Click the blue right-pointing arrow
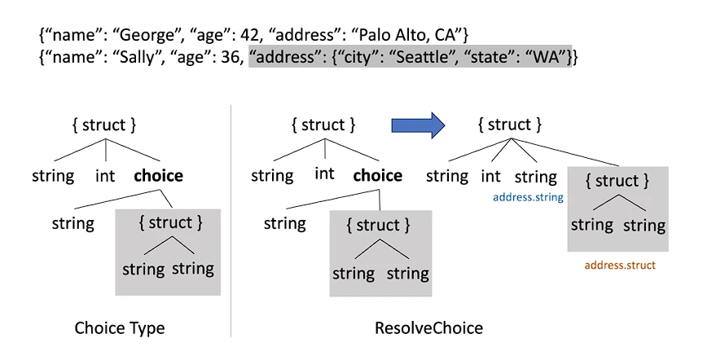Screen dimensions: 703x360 [x=418, y=125]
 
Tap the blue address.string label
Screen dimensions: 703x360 [x=528, y=197]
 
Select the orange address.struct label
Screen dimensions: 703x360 [x=620, y=265]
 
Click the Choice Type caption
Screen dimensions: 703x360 [x=120, y=328]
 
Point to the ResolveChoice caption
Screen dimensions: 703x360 [x=429, y=328]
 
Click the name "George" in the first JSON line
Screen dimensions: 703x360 [x=147, y=35]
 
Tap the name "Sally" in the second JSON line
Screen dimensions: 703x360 [x=139, y=57]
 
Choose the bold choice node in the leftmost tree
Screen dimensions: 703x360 [x=158, y=175]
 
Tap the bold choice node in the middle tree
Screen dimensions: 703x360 [x=377, y=175]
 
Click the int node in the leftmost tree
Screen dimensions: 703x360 [x=105, y=176]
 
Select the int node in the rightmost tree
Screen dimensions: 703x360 [x=490, y=176]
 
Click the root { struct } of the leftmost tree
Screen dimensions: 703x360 [x=104, y=125]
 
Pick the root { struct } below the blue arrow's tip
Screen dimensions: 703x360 [x=510, y=125]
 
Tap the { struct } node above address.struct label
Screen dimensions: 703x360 [x=617, y=181]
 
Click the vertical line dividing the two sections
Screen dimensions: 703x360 [x=231, y=221]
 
